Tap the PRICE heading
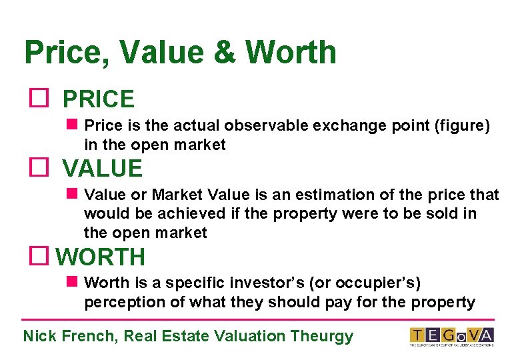tap(98, 99)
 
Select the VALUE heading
tap(102, 168)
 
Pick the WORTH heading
tap(100, 257)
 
